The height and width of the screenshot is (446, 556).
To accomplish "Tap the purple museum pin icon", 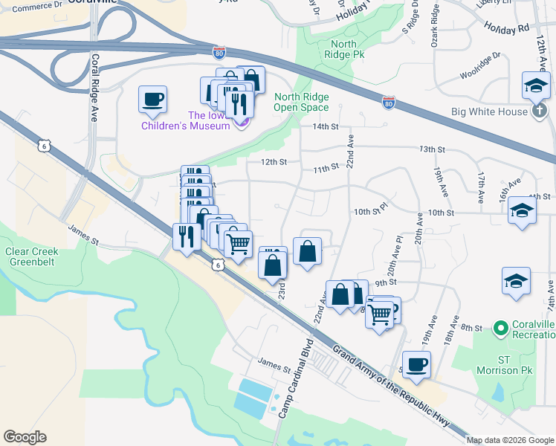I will click(240, 123).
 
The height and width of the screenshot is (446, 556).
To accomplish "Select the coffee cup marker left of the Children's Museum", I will click(152, 100).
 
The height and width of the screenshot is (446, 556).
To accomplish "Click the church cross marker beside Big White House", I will click(540, 111).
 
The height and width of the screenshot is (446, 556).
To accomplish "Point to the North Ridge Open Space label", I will click(301, 102).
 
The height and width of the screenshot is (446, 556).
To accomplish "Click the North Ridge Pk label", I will click(343, 49).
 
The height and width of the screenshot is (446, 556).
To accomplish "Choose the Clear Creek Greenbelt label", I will click(31, 256).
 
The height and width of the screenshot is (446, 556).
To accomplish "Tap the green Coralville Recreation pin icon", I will click(500, 327).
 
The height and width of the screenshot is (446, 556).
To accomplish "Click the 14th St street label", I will click(326, 127).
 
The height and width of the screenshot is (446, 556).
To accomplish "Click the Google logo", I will click(25, 437).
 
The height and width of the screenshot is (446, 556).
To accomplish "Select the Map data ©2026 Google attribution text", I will click(509, 440).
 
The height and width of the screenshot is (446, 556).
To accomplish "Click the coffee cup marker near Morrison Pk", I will click(416, 365).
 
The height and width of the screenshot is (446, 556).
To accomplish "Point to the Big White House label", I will click(489, 112).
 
